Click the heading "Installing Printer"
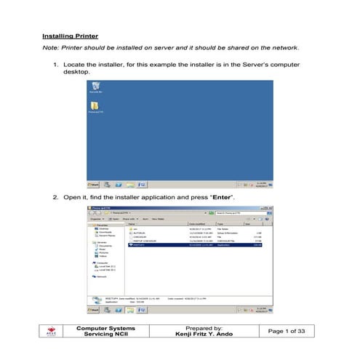pos(70,36)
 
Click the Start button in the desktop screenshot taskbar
pos(95,185)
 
